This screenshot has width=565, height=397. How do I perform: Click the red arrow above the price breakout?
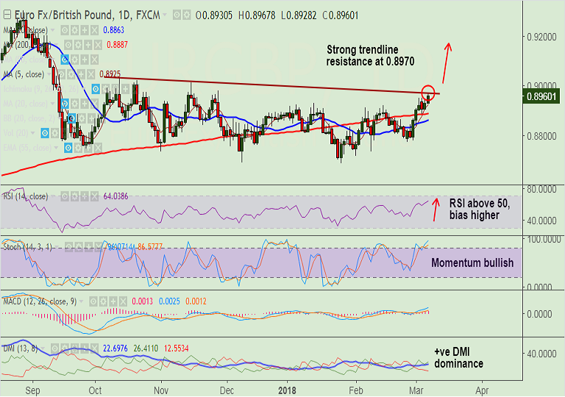446,63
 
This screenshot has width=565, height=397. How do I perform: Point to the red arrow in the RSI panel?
436,210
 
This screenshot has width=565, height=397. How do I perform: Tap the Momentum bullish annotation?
472,262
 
